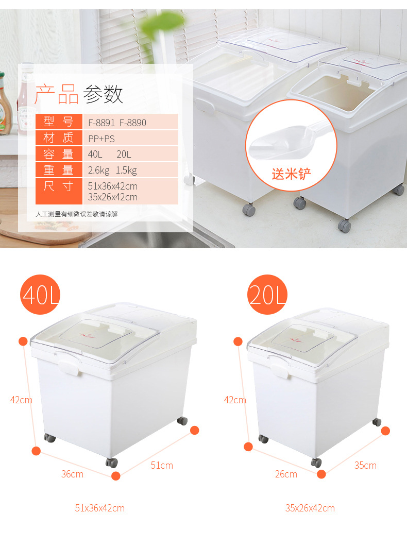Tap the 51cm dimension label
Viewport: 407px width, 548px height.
pos(162,466)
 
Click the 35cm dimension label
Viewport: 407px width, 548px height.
pos(365,466)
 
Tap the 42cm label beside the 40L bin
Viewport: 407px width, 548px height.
pos(21,400)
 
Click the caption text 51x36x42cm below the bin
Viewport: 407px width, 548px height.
pos(100,508)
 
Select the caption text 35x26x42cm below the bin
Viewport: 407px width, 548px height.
pos(310,508)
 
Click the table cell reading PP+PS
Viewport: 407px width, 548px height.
pos(101,138)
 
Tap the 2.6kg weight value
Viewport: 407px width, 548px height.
pos(98,170)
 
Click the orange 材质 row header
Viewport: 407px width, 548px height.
pos(59,138)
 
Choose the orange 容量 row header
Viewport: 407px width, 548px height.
pos(59,153)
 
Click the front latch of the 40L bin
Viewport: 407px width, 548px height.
pos(68,367)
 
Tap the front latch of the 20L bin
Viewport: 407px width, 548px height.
pos(280,370)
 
